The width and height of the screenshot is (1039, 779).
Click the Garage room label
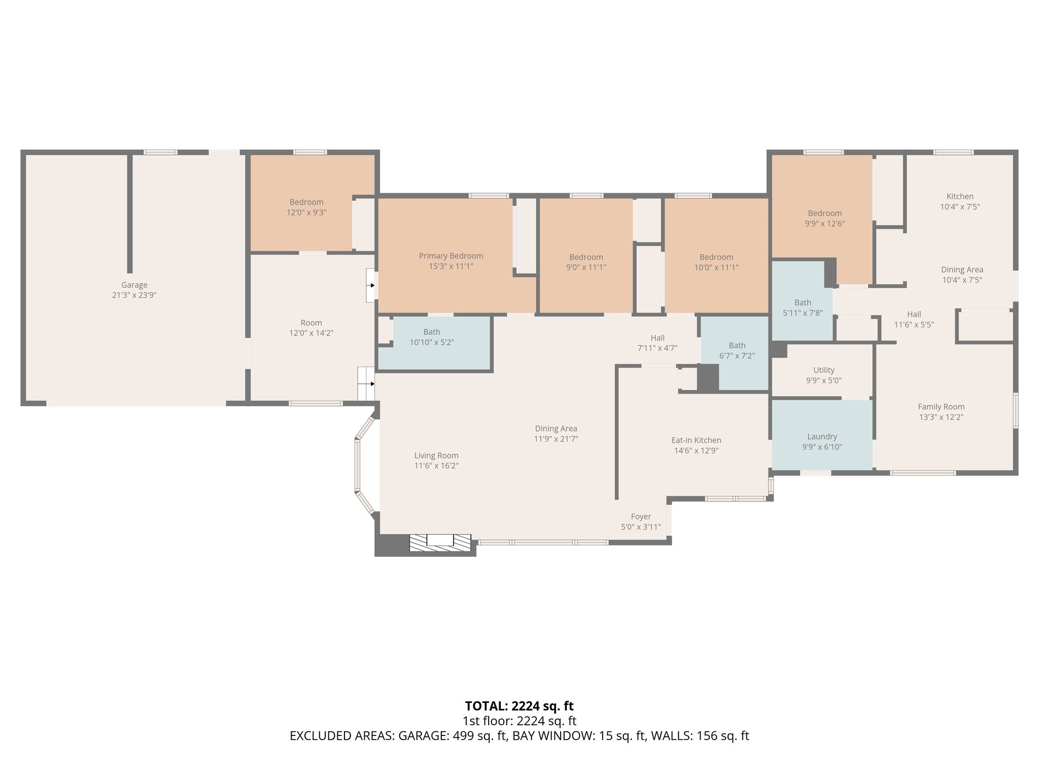[134, 285]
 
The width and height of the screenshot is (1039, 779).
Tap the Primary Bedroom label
[451, 256]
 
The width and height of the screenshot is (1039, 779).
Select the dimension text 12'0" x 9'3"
[306, 213]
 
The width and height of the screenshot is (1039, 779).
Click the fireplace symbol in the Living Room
[440, 542]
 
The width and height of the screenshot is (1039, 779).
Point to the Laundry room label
[822, 437]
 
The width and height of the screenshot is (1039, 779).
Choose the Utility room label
[823, 370]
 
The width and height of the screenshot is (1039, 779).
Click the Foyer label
[641, 517]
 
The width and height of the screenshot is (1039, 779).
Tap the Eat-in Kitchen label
[696, 440]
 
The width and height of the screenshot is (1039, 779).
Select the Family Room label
[941, 407]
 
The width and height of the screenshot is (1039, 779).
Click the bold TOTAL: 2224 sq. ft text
[519, 706]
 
